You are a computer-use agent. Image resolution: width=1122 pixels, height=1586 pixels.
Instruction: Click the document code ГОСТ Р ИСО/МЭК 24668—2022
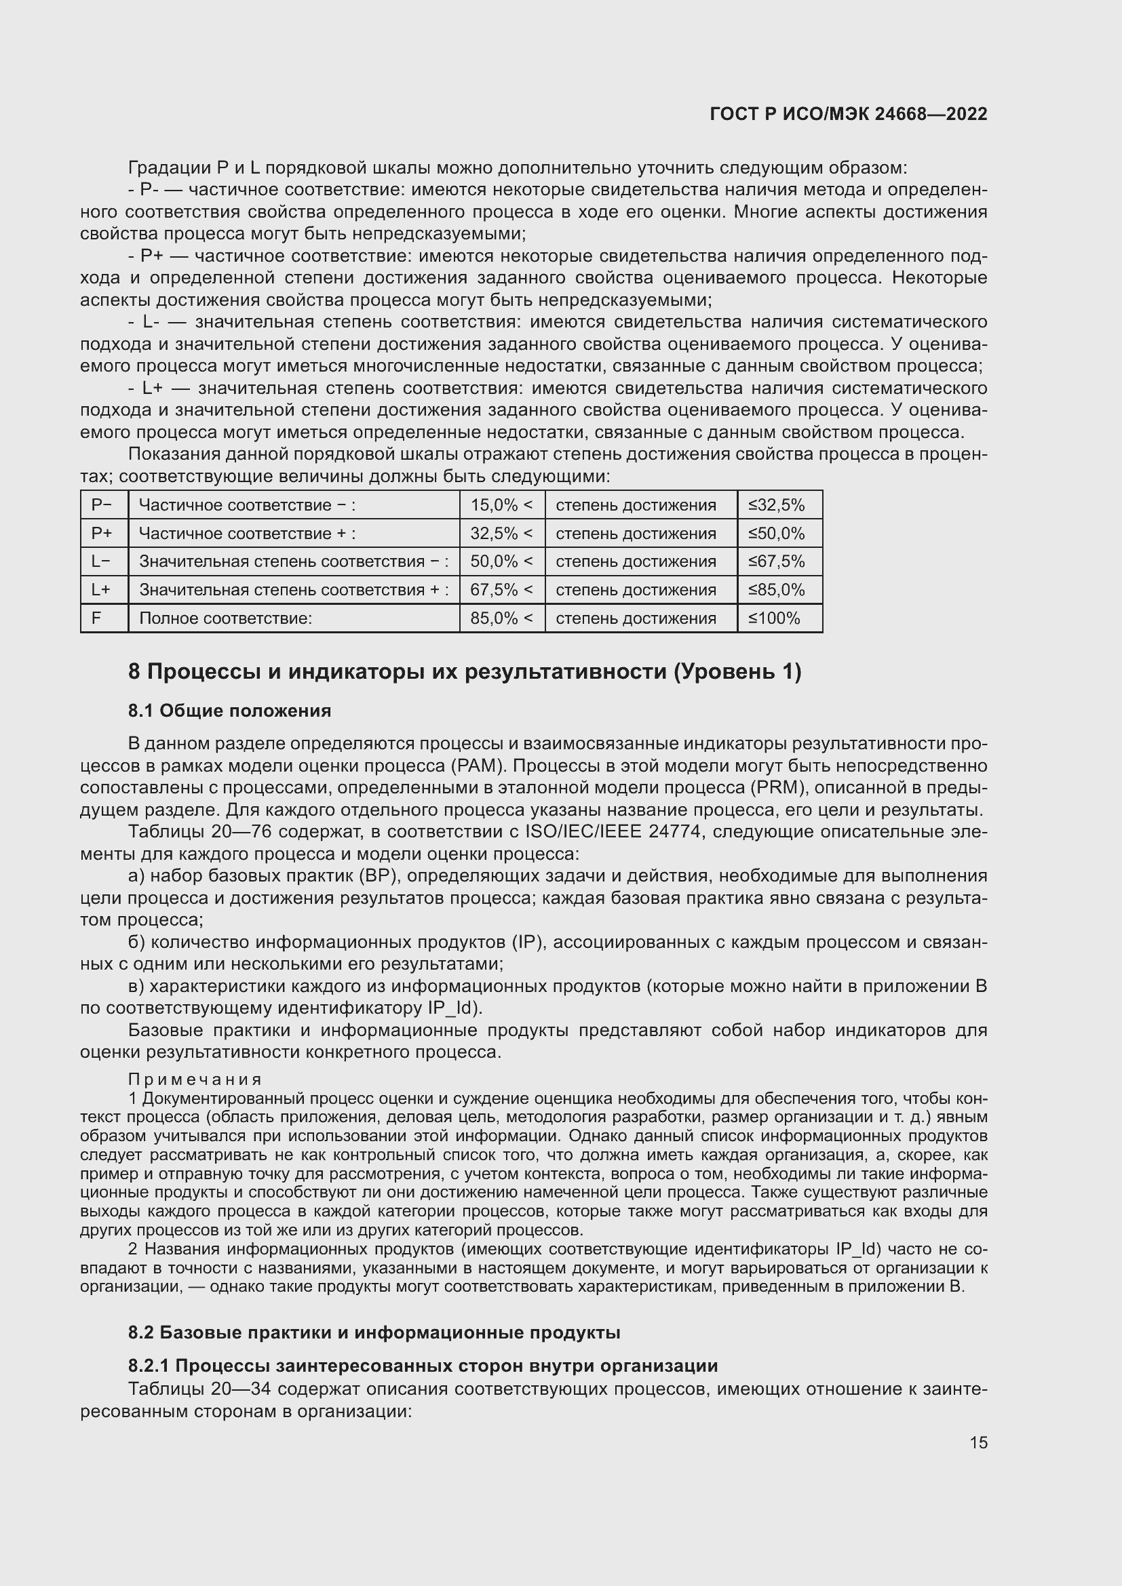click(849, 114)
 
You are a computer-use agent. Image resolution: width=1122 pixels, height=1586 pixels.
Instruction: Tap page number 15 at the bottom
click(978, 1442)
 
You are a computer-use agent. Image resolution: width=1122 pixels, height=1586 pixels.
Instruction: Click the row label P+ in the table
click(102, 533)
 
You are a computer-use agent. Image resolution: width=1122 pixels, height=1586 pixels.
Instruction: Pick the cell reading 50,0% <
click(501, 561)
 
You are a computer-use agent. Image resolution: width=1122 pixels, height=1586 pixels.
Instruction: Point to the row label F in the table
click(97, 618)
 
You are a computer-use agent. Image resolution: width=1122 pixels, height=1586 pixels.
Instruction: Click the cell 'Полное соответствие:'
click(226, 618)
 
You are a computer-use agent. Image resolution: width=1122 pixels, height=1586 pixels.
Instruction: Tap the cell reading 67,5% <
click(501, 590)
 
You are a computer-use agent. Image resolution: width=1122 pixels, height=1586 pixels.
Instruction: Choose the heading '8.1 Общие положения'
click(229, 711)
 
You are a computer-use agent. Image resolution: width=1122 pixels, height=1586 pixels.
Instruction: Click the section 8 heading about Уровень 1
click(464, 671)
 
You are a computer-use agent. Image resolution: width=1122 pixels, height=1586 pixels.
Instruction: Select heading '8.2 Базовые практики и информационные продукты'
click(374, 1333)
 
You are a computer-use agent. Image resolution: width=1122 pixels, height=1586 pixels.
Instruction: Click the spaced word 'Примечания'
click(195, 1079)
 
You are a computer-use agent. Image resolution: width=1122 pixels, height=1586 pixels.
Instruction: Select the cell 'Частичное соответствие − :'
click(247, 505)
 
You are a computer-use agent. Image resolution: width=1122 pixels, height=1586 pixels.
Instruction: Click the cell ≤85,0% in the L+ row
click(777, 590)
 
